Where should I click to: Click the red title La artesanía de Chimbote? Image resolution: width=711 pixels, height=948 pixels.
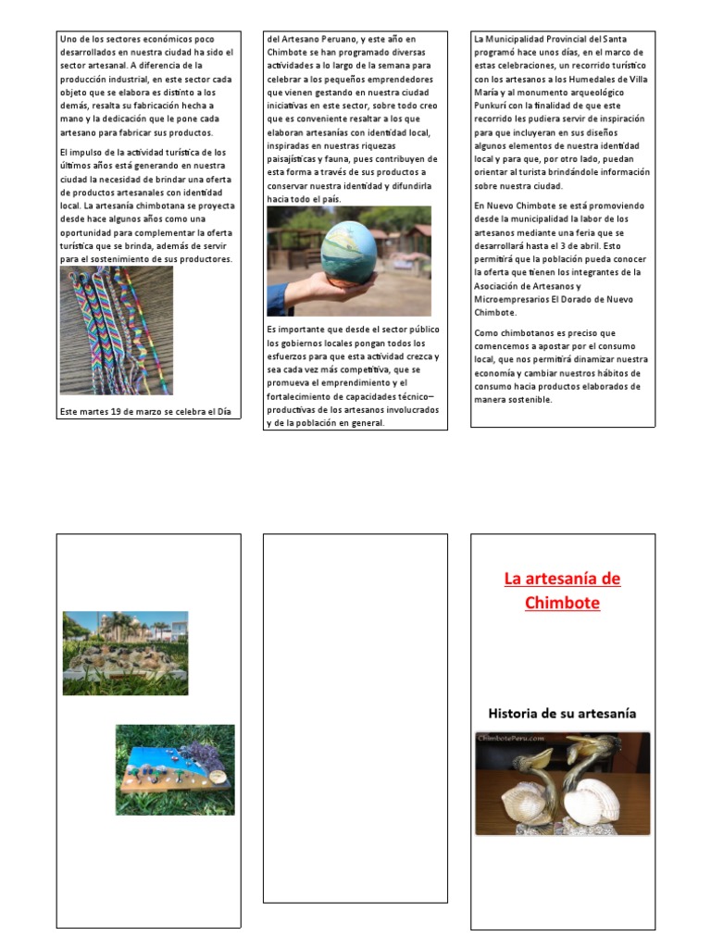[x=562, y=591]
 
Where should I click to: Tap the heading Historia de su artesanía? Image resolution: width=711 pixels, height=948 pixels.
[x=562, y=713]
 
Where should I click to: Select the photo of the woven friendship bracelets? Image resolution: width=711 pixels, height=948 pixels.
[x=116, y=331]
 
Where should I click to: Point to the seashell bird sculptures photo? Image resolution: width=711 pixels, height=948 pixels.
[x=562, y=784]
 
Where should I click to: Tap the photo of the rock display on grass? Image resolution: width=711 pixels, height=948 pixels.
[x=125, y=653]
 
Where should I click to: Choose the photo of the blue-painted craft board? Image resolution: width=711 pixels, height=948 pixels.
[x=175, y=769]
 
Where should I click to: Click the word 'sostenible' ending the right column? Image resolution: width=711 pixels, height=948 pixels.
[x=525, y=399]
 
